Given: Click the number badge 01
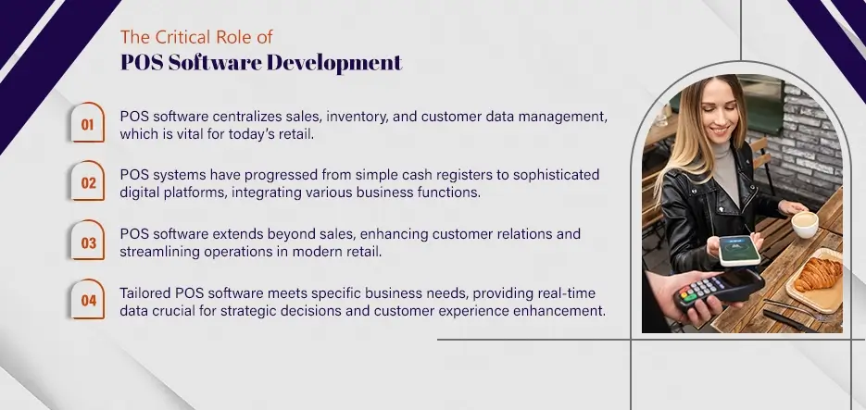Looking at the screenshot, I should point(88,123).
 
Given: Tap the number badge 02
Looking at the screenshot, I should point(88,182).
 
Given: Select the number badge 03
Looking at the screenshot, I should point(88,242).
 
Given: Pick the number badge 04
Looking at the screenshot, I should point(88,300).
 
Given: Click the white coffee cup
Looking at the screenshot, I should point(804,223).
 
